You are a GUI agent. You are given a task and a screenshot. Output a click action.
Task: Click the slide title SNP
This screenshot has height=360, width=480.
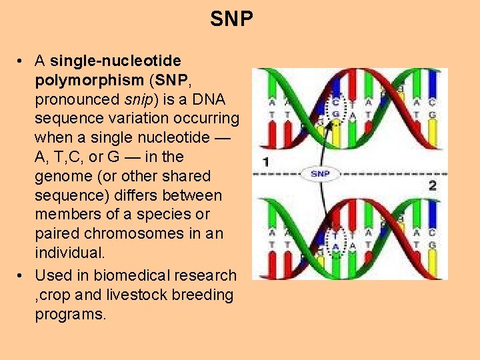(231, 19)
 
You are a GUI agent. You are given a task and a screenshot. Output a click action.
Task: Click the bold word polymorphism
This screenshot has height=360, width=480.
(89, 80)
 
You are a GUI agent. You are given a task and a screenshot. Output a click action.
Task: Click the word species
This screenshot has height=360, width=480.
(173, 215)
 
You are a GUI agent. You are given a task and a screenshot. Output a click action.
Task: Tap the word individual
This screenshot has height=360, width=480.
(69, 253)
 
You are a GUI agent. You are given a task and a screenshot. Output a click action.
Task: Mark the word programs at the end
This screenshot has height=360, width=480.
(70, 315)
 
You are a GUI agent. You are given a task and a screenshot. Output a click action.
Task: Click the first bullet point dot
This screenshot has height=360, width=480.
(22, 61)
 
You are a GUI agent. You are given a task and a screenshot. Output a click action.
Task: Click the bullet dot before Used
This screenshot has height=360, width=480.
(22, 276)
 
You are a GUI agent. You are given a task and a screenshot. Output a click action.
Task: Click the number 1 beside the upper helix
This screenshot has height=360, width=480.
(266, 161)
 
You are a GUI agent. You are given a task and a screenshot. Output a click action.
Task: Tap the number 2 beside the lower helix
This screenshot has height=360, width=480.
(432, 185)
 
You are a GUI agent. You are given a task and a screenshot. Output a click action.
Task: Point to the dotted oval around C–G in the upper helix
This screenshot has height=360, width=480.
(336, 110)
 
